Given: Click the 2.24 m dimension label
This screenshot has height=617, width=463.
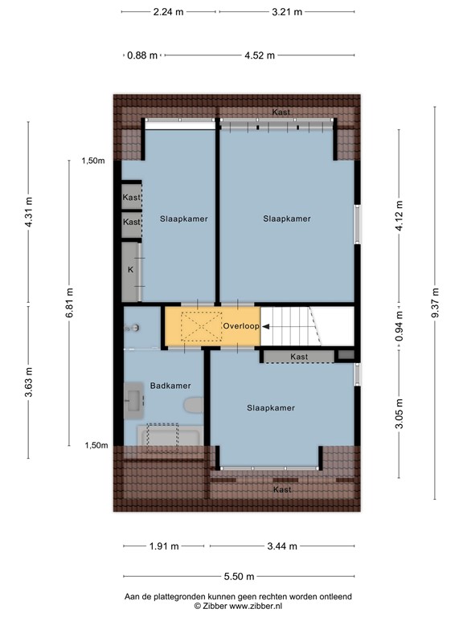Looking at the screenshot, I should tap(169, 12).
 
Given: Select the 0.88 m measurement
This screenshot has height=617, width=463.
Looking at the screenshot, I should tap(141, 55).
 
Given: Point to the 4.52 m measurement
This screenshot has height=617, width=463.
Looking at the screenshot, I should tap(259, 55).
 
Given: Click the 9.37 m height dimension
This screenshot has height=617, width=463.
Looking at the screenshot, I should tap(436, 303).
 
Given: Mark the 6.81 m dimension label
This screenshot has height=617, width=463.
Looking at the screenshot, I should tap(70, 303).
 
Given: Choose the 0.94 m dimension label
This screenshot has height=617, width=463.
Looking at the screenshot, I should tap(398, 329).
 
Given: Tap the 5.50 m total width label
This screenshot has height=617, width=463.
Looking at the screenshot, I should tap(239, 576).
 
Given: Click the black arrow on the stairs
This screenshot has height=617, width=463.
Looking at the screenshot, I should tap(265, 326).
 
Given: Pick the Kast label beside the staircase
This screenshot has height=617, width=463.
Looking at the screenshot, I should tap(299, 357).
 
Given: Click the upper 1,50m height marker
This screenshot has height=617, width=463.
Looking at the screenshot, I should tap(93, 161).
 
